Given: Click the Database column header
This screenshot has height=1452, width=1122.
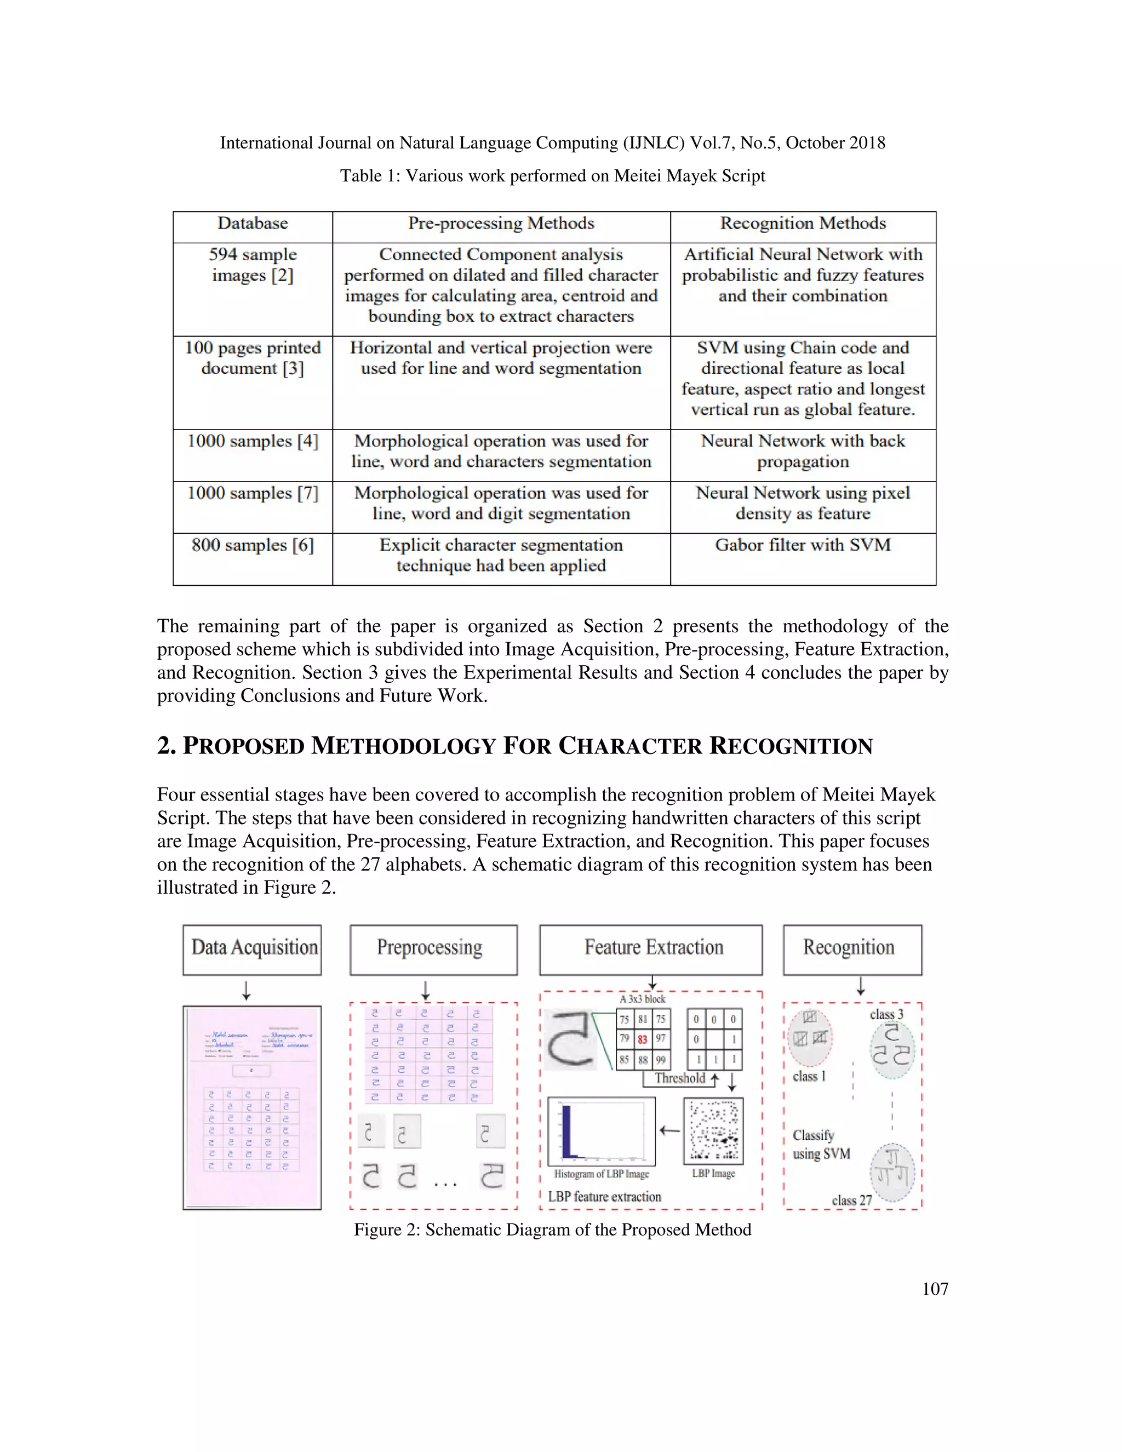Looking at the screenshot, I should click(x=253, y=224).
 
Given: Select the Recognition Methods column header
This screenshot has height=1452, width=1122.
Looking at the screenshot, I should click(x=803, y=224).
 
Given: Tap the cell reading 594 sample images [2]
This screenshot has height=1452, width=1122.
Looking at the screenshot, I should click(x=253, y=265).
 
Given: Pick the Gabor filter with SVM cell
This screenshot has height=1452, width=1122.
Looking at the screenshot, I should click(x=803, y=546).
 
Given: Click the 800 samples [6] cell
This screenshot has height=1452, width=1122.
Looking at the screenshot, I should click(x=253, y=546).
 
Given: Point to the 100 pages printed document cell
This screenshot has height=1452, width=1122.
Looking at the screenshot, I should click(x=253, y=358).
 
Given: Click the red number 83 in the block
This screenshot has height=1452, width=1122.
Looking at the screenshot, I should click(x=643, y=1039).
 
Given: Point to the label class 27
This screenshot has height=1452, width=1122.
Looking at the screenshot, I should click(x=851, y=1200).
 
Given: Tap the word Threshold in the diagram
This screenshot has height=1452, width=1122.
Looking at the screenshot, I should click(x=679, y=1078).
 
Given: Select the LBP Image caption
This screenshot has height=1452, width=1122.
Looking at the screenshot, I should click(x=713, y=1174).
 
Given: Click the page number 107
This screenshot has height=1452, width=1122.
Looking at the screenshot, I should click(x=935, y=1289).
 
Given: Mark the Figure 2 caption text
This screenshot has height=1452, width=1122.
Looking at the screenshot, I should click(x=552, y=1230).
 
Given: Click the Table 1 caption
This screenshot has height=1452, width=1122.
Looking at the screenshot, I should click(x=552, y=176).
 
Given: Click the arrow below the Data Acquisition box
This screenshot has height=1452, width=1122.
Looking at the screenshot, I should click(x=247, y=991).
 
